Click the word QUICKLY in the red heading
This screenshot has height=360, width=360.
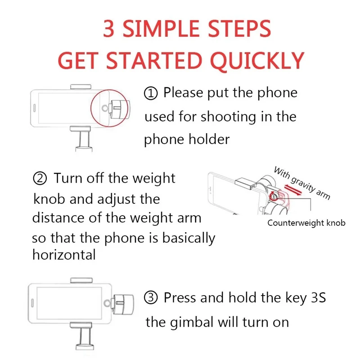[257, 61]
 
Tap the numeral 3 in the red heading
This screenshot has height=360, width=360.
[108, 28]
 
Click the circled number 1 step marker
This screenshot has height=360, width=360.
[151, 94]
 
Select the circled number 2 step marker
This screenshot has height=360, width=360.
[40, 179]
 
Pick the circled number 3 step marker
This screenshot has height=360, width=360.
[151, 298]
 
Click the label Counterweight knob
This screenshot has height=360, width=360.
[306, 223]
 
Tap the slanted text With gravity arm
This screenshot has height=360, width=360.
[302, 183]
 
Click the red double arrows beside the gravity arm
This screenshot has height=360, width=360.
[293, 189]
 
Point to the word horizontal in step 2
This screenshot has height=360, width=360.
[64, 255]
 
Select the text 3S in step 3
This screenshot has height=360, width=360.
[318, 297]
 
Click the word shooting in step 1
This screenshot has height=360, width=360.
[228, 117]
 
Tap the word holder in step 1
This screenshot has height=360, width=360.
[209, 139]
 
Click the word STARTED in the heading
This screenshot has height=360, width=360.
[154, 61]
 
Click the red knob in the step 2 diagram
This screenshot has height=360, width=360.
[274, 196]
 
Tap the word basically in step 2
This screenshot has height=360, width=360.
[189, 238]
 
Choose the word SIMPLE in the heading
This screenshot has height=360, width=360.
[161, 28]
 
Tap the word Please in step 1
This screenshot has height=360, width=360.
[183, 93]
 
